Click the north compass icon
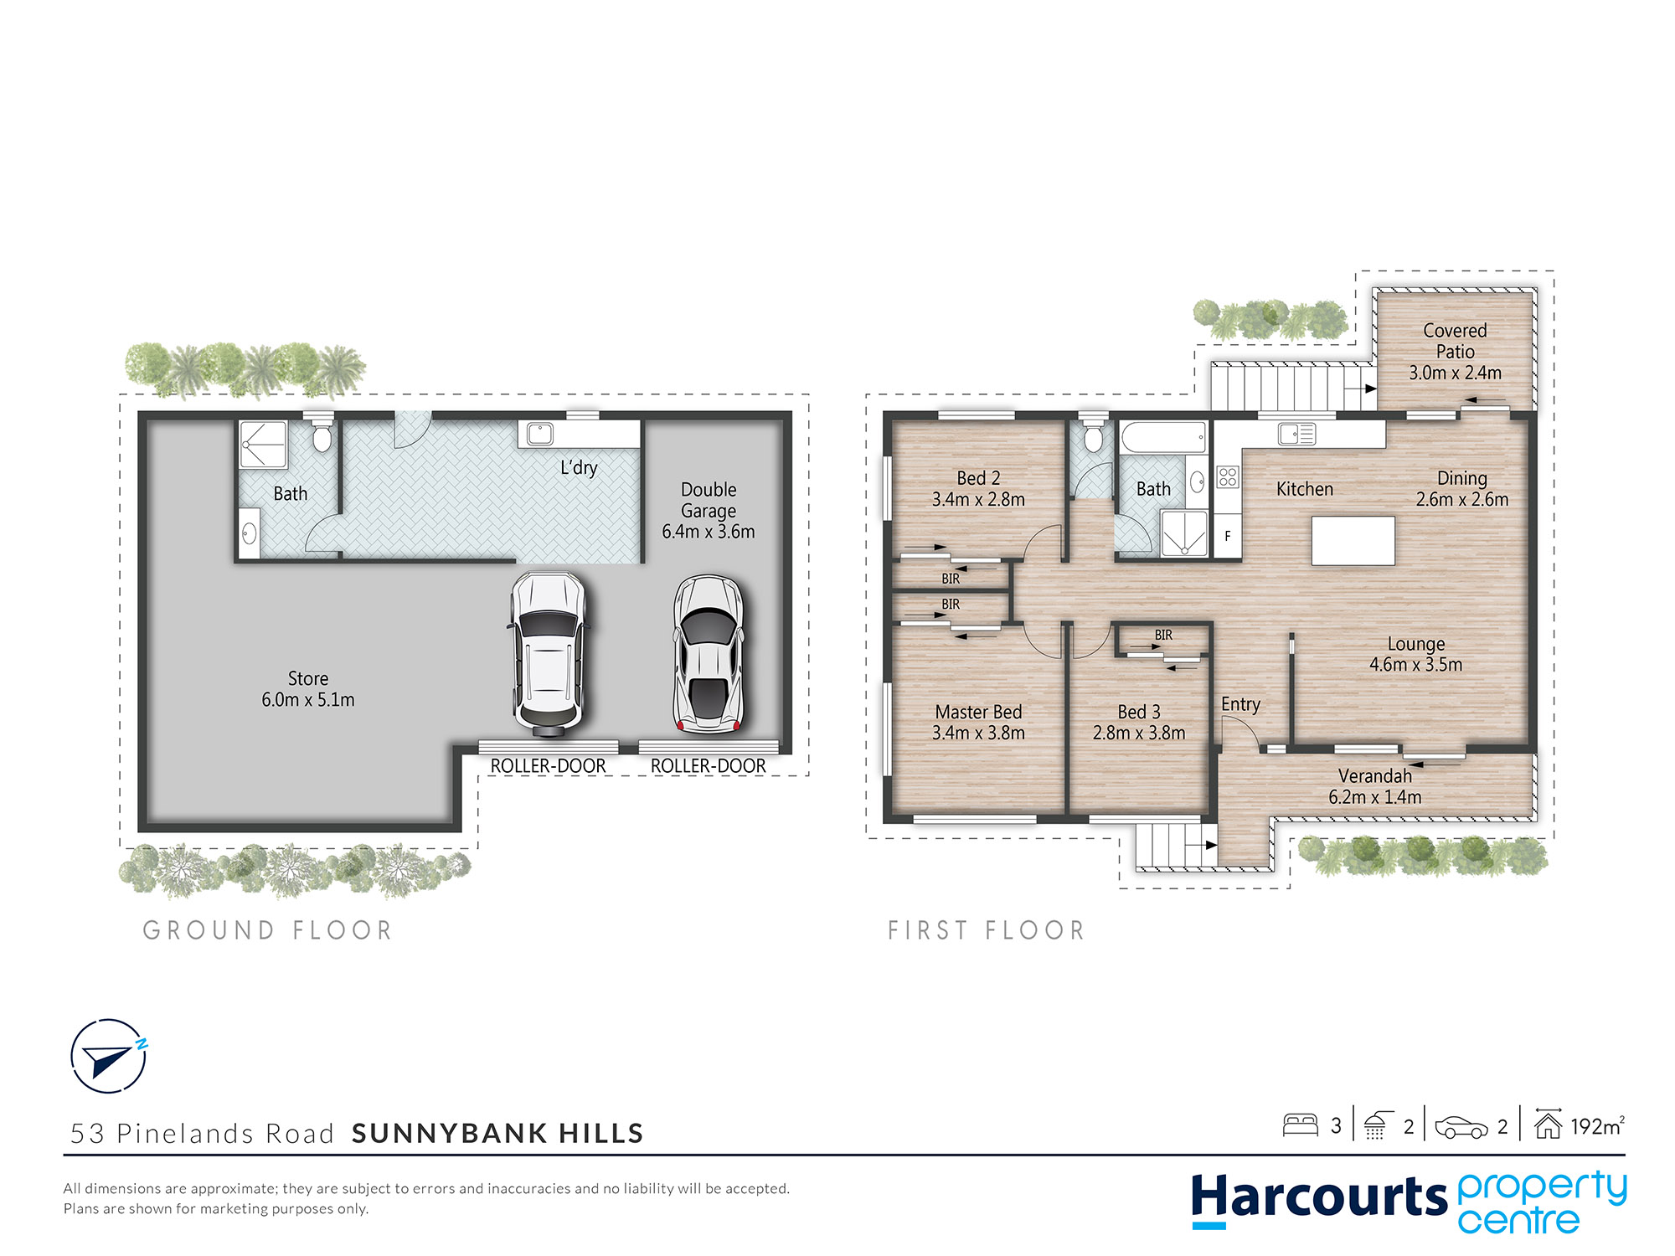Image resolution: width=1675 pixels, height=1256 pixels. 109,1056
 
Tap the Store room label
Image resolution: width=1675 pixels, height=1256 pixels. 308,678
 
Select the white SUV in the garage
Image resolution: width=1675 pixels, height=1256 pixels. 548,654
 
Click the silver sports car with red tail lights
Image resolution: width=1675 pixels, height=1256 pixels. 709,654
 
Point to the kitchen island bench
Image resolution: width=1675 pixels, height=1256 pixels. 1353,541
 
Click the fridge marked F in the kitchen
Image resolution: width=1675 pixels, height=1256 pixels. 1228,536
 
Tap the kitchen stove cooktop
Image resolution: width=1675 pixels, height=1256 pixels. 1228,477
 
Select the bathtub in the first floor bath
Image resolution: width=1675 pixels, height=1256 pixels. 1163,437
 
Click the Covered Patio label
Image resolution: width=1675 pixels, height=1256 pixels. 1456,341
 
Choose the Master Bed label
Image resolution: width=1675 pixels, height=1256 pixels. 978,712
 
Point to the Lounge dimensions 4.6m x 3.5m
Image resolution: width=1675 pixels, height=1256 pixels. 1415,665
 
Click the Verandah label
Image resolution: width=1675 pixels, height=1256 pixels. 1375,776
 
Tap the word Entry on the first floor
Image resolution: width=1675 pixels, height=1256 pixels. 1240,704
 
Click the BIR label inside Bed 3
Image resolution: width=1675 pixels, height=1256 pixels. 1163,636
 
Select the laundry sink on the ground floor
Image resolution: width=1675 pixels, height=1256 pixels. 540,435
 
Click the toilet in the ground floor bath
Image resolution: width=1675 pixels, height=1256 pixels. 322,435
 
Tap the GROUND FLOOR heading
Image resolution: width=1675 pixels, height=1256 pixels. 268,930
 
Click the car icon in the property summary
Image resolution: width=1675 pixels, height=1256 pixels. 1461,1127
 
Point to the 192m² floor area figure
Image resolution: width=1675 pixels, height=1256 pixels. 1597,1126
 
